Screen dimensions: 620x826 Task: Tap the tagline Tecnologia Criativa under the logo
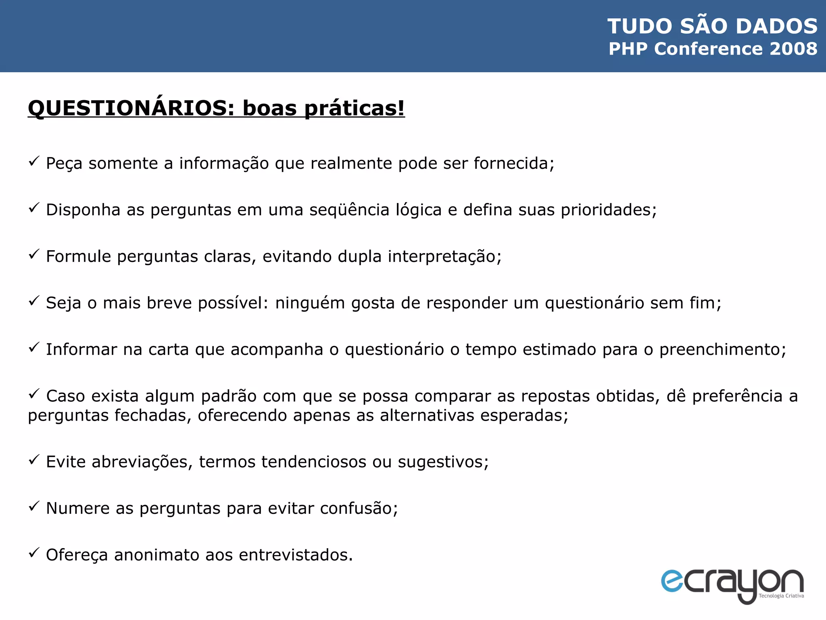click(781, 596)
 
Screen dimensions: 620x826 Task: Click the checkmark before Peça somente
click(34, 161)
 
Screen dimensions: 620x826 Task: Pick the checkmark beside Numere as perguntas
click(34, 506)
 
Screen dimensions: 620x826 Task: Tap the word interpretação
click(444, 257)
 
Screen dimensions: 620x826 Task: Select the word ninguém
click(310, 303)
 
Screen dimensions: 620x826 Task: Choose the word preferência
click(737, 396)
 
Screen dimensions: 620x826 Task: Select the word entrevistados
click(296, 555)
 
